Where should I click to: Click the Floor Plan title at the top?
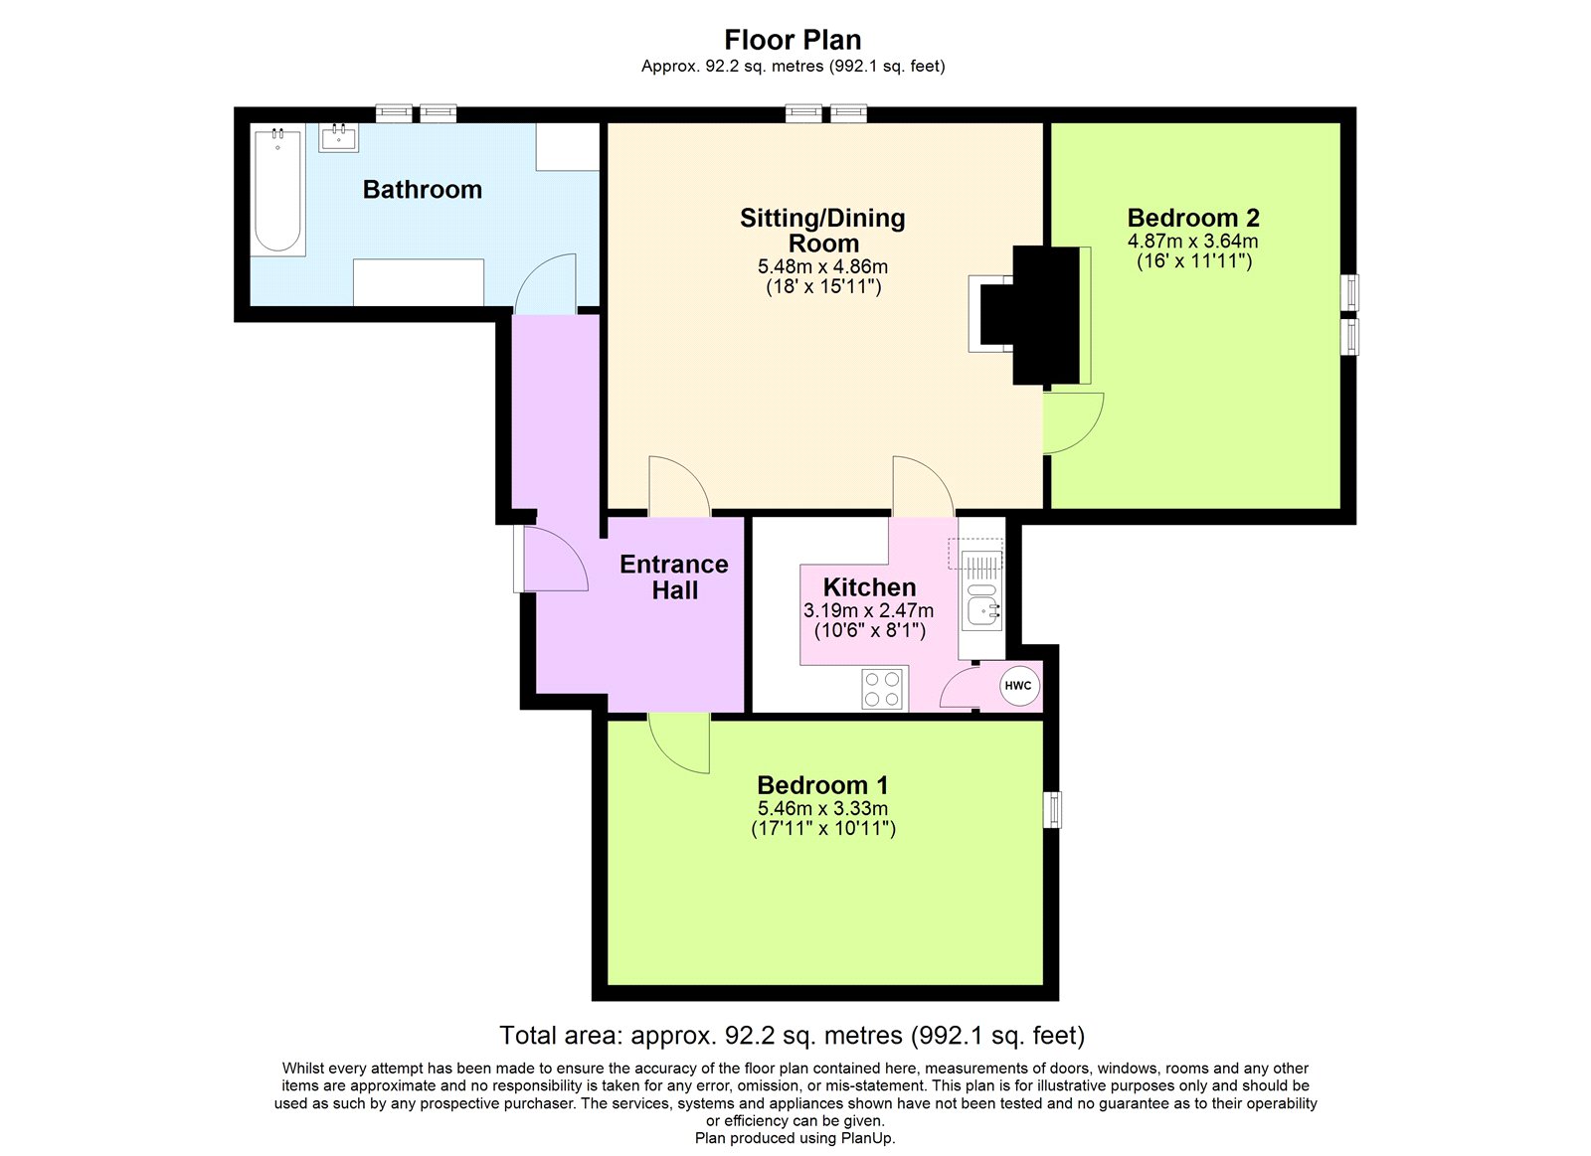pos(793,40)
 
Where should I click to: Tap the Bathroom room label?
pos(422,189)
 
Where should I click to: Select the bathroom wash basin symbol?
pos(338,137)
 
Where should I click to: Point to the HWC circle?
pos(1018,685)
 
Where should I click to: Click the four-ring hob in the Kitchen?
pos(884,689)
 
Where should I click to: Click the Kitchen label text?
pos(869,586)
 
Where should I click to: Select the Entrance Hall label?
pos(673,577)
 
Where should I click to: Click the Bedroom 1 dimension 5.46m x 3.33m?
pos(822,808)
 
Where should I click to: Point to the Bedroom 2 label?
pos(1192,218)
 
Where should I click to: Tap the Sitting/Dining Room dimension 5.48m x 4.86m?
pos(822,266)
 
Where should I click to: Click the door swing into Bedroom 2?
pos(1072,422)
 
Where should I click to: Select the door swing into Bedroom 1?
pos(680,742)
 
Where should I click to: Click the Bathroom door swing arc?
pos(546,284)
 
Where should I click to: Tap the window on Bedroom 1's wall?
pos(1053,809)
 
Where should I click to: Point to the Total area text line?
pos(792,1035)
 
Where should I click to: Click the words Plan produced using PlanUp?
pos(795,1138)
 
